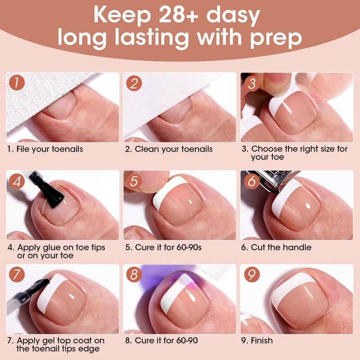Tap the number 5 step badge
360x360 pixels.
tap(134, 181)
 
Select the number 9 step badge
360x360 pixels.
tap(252, 274)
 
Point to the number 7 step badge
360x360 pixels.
tap(17, 274)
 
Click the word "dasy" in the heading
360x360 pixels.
tap(233, 16)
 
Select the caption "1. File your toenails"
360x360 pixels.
tap(45, 149)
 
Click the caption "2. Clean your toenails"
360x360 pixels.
tap(169, 149)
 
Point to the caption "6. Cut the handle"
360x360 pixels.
tap(276, 247)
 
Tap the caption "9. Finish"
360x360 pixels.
tap(257, 341)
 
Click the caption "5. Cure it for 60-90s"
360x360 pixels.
tap(163, 247)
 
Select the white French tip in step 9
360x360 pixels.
tap(289, 287)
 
